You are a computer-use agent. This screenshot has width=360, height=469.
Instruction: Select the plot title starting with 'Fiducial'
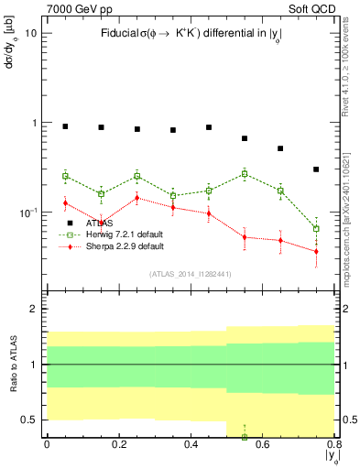190,33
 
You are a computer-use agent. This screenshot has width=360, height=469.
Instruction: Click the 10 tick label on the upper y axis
30,33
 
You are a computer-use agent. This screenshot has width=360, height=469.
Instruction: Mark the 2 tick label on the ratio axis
32,309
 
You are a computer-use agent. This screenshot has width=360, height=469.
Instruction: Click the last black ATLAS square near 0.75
316,169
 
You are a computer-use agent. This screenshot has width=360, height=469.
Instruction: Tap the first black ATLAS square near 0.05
65,126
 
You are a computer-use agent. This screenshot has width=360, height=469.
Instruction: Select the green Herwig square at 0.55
245,174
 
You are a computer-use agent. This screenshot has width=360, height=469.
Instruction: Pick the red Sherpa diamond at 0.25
136,198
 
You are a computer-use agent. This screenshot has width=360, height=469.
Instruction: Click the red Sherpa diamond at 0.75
316,251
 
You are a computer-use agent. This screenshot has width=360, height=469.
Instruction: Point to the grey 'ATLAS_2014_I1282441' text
190,273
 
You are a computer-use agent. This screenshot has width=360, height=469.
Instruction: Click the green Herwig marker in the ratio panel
245,437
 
